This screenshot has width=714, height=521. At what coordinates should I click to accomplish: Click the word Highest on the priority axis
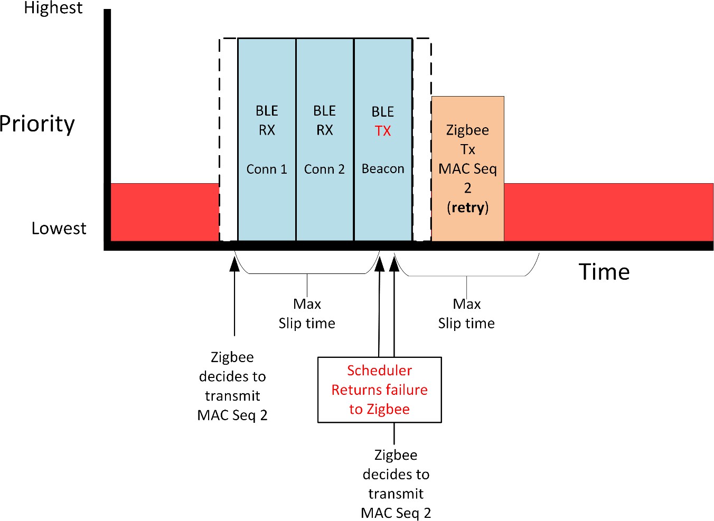tap(53, 8)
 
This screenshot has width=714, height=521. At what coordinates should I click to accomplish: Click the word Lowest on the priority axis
tap(59, 228)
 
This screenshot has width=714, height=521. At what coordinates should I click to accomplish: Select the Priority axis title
tap(37, 124)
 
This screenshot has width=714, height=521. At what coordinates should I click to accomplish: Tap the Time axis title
tap(604, 272)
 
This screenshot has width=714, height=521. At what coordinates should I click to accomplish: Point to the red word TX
tap(383, 131)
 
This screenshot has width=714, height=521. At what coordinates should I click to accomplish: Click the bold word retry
tap(468, 207)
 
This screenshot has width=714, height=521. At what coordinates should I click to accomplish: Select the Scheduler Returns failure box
tap(379, 390)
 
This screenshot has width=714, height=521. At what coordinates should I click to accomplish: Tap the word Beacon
tap(383, 169)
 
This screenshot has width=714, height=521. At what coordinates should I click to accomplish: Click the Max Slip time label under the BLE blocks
tap(307, 314)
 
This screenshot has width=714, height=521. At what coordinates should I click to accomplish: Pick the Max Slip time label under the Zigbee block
tap(466, 314)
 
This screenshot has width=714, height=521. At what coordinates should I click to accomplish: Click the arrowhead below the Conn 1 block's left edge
tap(234, 263)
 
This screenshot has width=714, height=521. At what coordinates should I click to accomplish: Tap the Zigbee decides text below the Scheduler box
tap(396, 484)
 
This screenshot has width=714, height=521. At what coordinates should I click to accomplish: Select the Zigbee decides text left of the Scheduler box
tap(232, 386)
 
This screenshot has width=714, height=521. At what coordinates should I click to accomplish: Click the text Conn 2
tap(324, 169)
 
